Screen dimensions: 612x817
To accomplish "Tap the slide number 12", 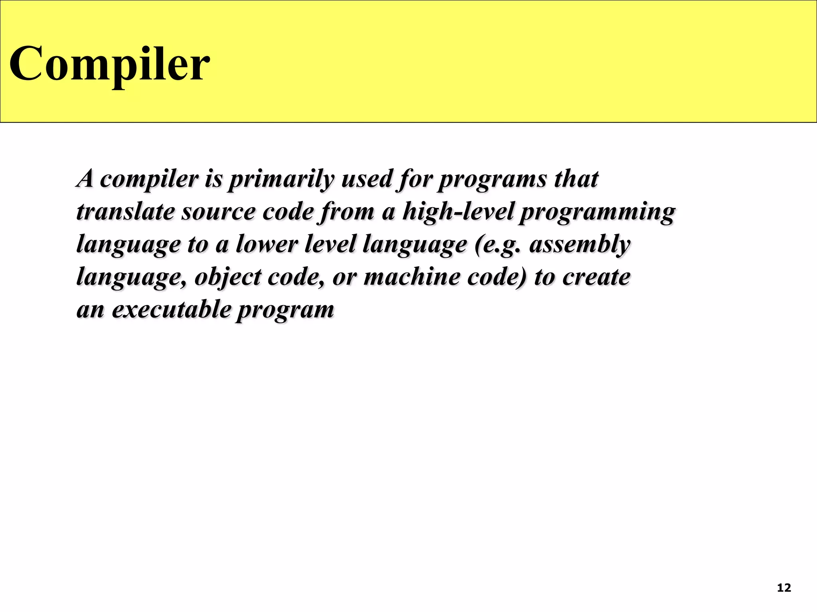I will pos(784,588).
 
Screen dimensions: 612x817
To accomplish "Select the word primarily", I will pos(281,179).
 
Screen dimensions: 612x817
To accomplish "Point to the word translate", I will pos(125,212).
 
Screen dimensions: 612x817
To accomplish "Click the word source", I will pos(218,212).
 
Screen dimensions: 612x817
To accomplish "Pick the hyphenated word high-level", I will pos(458,212).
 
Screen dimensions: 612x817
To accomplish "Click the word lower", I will pos(266,244).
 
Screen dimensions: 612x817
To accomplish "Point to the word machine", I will pos(412,277).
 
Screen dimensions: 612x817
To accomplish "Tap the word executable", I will pos(171,309).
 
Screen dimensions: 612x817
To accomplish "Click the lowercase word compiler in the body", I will pos(149,180).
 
